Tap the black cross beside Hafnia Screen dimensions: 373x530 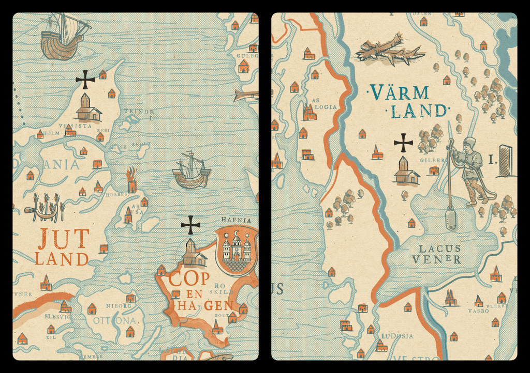[190, 225]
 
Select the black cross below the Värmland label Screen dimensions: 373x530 [403, 143]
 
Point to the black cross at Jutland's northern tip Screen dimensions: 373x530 [85, 80]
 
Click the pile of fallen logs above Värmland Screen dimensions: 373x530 [389, 51]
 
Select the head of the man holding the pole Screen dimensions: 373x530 [469, 143]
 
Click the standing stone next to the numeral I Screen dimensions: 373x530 [506, 161]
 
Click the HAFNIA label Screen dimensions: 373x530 [235, 220]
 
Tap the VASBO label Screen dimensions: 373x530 [478, 312]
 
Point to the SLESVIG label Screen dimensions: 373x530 [58, 317]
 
